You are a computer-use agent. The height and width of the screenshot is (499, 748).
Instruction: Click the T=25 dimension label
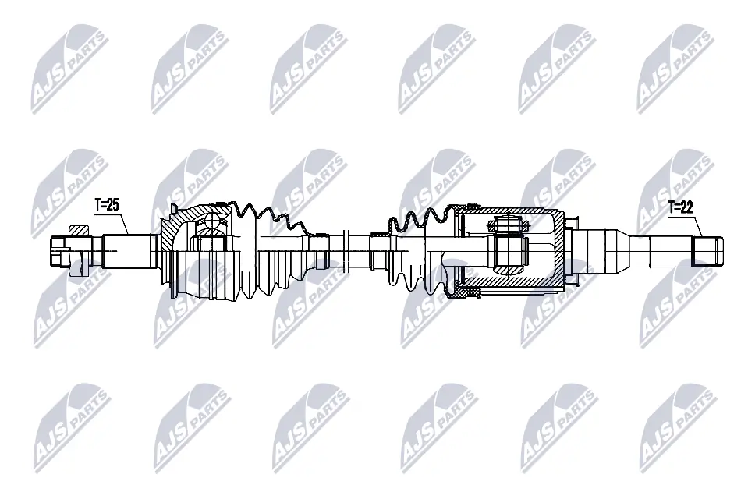point(106,206)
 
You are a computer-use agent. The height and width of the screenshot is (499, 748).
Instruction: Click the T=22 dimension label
point(681,207)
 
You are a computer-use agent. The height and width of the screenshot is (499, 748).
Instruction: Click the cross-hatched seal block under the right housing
point(466,292)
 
